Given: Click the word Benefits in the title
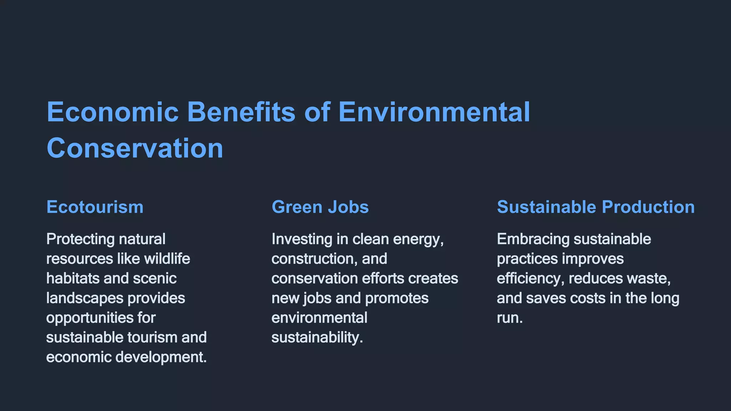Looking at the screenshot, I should coord(241,112).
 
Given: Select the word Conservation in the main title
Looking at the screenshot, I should coord(135,148).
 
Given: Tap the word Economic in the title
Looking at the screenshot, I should coord(113,112).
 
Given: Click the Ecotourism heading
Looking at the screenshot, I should coord(95,207).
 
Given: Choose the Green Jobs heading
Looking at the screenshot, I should coord(320,207).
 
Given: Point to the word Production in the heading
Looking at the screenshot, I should coord(648,207).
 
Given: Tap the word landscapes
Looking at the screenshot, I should coord(85,298).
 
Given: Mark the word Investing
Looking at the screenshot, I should coord(302,239).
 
